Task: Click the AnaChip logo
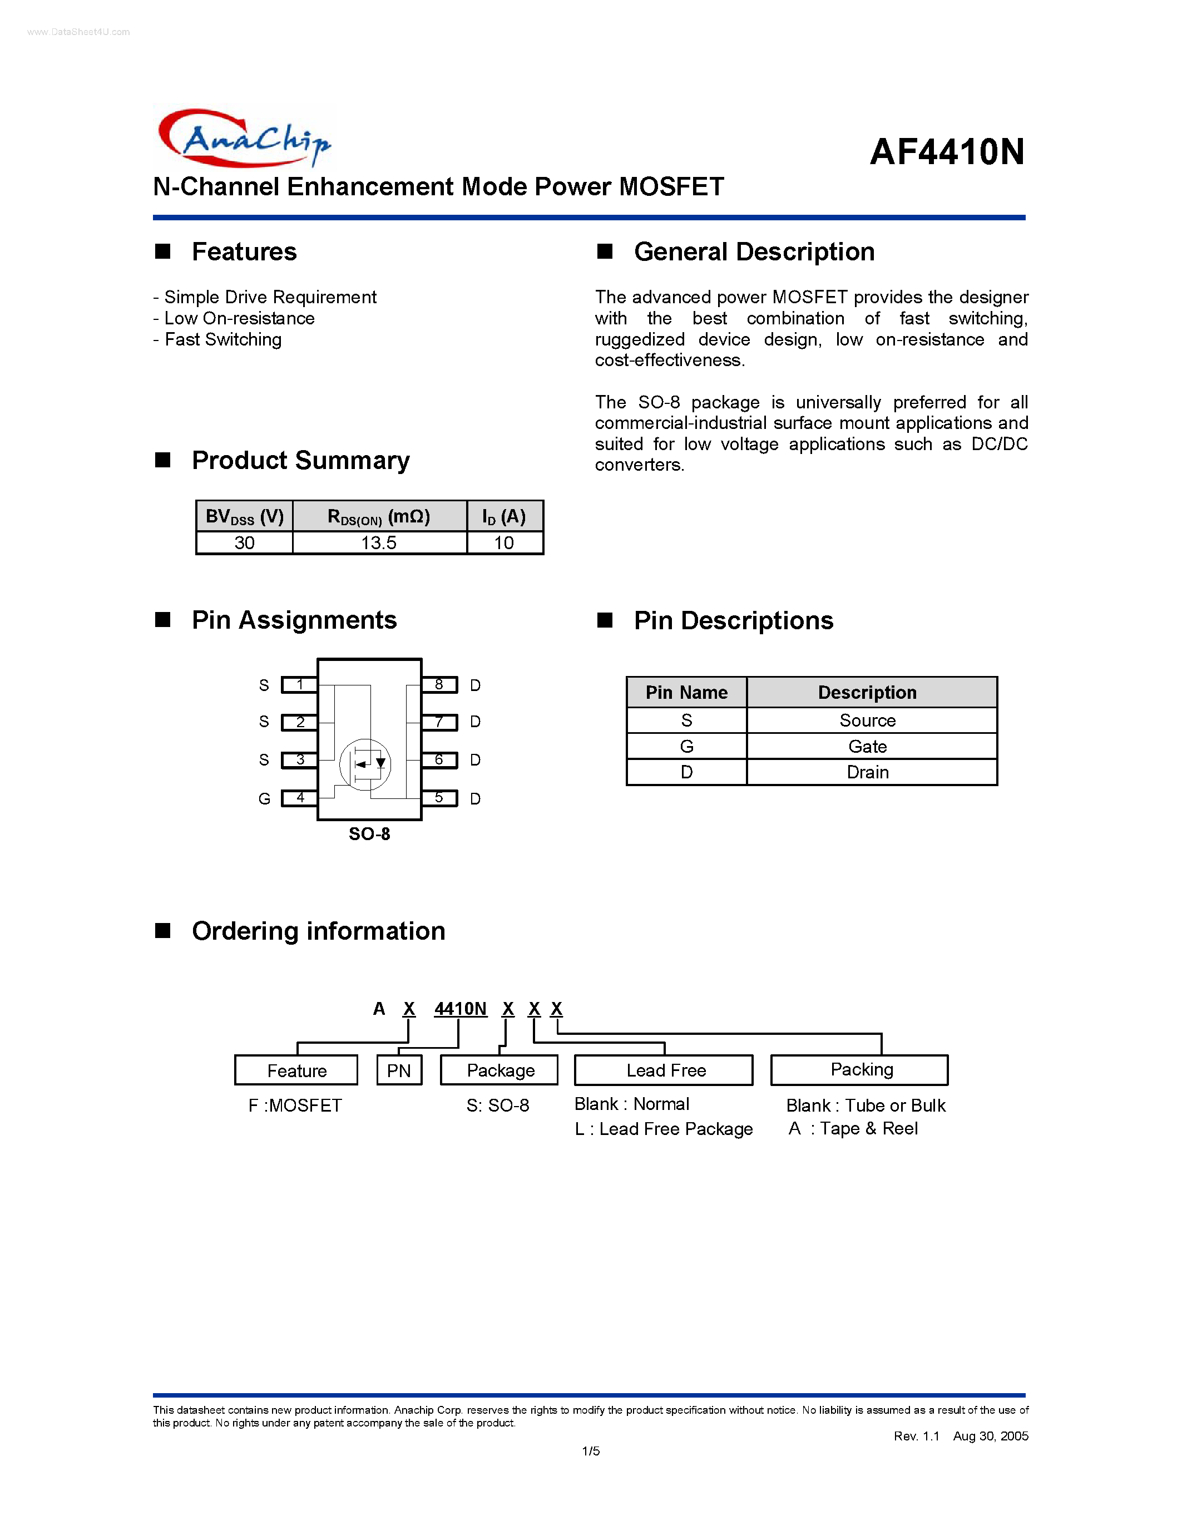pos(244,138)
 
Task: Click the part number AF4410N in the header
pos(947,152)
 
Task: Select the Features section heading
pos(244,251)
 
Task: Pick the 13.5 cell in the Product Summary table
pos(379,543)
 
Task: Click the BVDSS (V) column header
pos(244,517)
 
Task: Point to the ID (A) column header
pos(504,517)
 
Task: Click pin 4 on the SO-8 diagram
pos(300,798)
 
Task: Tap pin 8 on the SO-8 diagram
pos(439,684)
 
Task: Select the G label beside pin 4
pos(264,798)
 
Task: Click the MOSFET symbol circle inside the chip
pos(365,764)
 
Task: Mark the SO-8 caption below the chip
pos(369,833)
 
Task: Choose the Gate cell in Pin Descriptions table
pos(868,746)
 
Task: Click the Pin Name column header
pos(686,692)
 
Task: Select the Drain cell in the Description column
pos(868,772)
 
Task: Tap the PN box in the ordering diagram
pos(399,1070)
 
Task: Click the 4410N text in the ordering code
pos(460,1009)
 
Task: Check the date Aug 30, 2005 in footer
pos(990,1436)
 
